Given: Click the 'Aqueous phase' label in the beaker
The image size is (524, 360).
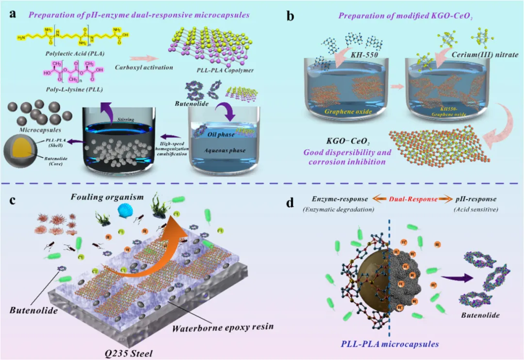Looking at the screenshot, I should [227, 150].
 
